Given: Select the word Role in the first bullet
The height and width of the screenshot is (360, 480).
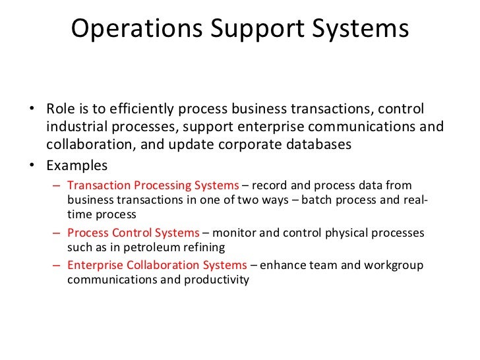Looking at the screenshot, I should (x=60, y=109).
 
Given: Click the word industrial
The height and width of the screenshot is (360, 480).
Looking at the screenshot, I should (x=76, y=127).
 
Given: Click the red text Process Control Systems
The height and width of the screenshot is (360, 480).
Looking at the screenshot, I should (x=133, y=233).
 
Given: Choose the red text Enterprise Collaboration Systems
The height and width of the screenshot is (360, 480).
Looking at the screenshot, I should (x=158, y=265).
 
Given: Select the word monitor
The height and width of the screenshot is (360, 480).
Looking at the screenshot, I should (x=236, y=233).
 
